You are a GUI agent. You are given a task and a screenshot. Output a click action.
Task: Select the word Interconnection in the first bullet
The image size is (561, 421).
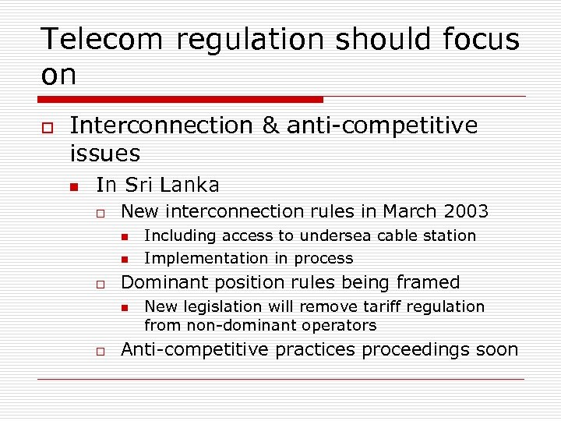coord(161,126)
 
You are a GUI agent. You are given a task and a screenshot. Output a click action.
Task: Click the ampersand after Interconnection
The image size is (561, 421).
coord(270,126)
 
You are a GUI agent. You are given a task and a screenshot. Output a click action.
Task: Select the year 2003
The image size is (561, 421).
coord(465,211)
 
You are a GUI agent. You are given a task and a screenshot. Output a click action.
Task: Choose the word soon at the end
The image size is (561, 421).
coord(496,349)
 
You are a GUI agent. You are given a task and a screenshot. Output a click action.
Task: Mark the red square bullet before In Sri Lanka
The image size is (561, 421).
coord(74,186)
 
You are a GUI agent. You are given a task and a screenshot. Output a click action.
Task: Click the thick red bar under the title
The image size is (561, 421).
coord(180,99)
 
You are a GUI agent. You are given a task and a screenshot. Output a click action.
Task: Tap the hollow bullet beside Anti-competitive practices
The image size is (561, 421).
coord(101,351)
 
